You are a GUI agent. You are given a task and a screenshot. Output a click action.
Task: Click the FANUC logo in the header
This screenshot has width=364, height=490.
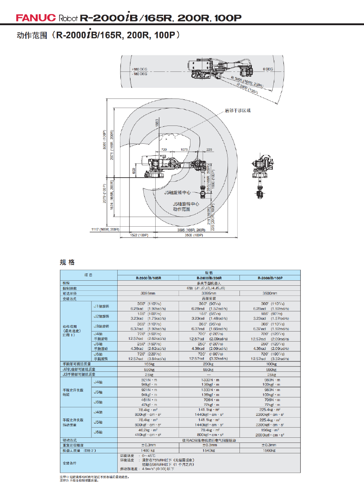coord(36,18)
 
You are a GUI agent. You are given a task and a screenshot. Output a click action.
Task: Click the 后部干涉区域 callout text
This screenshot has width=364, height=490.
coord(238,110)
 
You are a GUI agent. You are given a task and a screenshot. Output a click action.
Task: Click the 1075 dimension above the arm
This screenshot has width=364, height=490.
coord(184,150)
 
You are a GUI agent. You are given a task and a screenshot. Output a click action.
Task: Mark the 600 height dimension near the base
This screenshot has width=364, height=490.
coord(134,170)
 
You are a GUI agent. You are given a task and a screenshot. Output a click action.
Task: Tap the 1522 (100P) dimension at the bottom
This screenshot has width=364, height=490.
coord(139,235)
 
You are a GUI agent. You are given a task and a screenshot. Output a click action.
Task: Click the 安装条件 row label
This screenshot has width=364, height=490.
coord(70,463)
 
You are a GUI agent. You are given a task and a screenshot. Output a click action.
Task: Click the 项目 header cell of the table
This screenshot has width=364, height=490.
coord(88,275)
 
